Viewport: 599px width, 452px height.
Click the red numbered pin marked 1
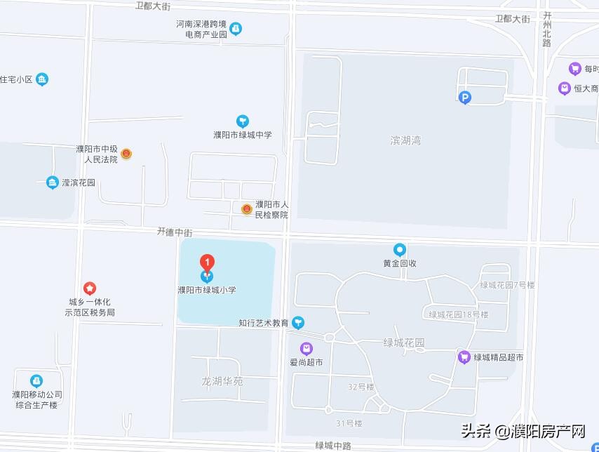pyautogui.click(x=207, y=262)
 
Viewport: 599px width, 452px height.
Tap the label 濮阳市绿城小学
pyautogui.click(x=207, y=288)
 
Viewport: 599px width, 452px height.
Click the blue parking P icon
pyautogui.click(x=464, y=98)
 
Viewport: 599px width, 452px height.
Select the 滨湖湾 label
pyautogui.click(x=405, y=140)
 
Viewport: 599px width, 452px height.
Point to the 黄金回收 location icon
pyautogui.click(x=399, y=249)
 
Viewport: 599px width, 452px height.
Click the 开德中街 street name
pyautogui.click(x=175, y=231)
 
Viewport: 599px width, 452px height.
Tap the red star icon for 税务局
pyautogui.click(x=90, y=288)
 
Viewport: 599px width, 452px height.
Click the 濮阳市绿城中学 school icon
pyautogui.click(x=243, y=121)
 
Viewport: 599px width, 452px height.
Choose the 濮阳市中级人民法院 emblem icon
pyautogui.click(x=126, y=154)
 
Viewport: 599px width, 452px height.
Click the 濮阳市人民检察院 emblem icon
pyautogui.click(x=247, y=209)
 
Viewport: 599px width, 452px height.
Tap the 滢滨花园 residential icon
pyautogui.click(x=52, y=182)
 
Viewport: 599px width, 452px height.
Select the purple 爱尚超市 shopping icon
pyautogui.click(x=307, y=348)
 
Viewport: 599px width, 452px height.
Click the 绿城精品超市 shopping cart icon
pyautogui.click(x=464, y=357)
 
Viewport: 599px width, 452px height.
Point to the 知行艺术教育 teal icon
pyautogui.click(x=299, y=323)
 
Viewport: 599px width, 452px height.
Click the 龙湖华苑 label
pyautogui.click(x=222, y=381)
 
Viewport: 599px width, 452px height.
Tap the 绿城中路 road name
pyautogui.click(x=333, y=446)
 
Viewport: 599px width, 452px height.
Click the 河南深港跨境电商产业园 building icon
pyautogui.click(x=237, y=29)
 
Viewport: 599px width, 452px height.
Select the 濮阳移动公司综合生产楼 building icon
pyautogui.click(x=36, y=380)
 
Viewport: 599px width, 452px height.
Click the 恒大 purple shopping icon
pyautogui.click(x=564, y=88)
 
